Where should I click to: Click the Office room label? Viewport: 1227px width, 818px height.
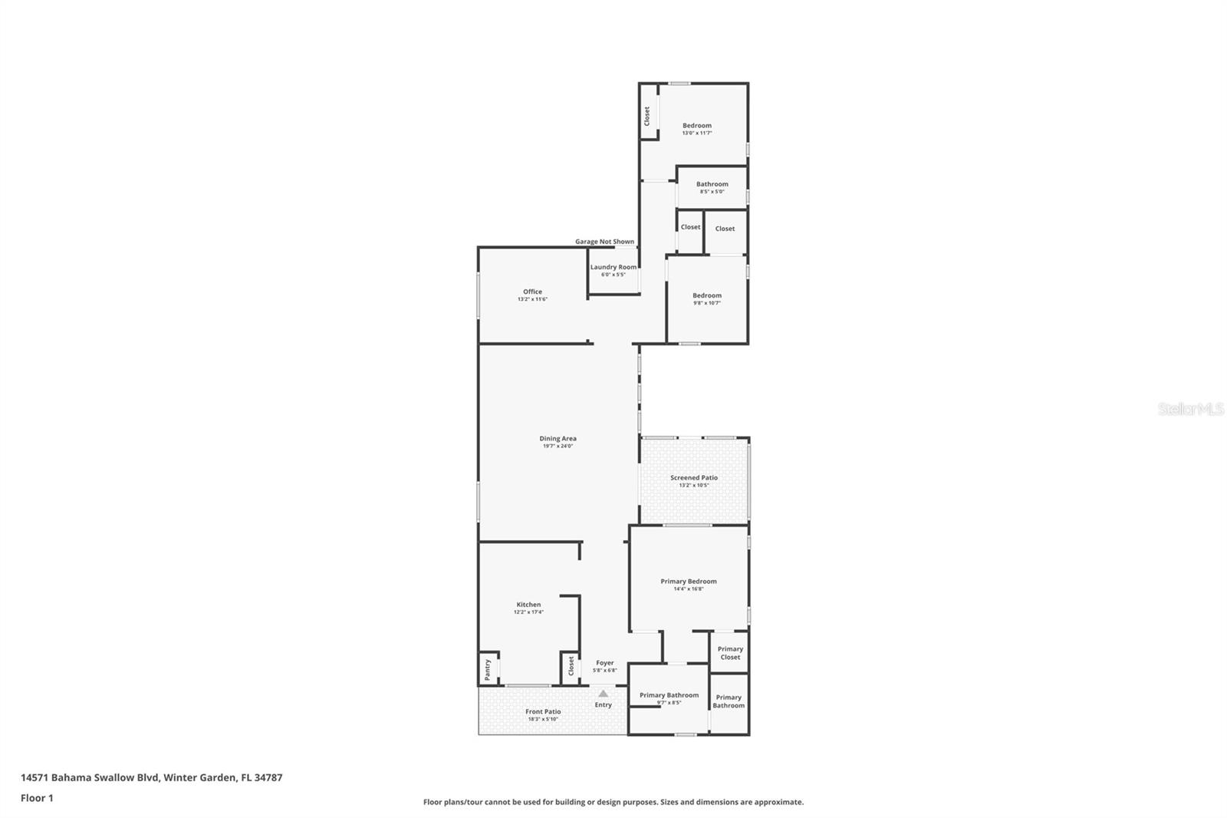[x=532, y=292]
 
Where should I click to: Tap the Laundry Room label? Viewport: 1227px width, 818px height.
[x=613, y=267]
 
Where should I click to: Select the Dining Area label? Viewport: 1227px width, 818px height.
[x=558, y=439]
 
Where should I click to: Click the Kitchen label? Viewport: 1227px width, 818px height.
[x=528, y=605]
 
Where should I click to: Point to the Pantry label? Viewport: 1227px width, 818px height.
[x=487, y=669]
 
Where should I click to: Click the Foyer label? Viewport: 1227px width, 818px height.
[x=604, y=663]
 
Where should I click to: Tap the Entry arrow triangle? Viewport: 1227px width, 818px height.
[x=603, y=694]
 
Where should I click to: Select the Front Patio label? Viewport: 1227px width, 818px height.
[x=543, y=712]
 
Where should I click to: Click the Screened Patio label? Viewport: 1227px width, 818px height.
[x=693, y=478]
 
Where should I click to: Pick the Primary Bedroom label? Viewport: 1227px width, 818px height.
[x=688, y=582]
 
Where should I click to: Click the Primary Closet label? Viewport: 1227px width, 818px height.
[x=729, y=653]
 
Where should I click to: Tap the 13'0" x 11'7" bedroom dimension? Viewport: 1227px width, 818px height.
[x=696, y=134]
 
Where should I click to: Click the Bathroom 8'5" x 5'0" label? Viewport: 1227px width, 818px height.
[x=712, y=184]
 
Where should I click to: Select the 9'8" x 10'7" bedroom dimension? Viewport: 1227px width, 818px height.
[x=706, y=303]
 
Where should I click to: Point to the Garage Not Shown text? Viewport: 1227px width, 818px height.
[x=604, y=242]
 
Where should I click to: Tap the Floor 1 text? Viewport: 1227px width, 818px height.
[x=37, y=798]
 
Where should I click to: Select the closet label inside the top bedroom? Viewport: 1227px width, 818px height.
[x=647, y=117]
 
